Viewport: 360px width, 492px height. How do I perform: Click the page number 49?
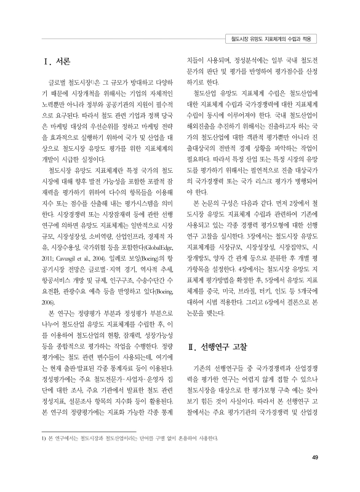(315, 456)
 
